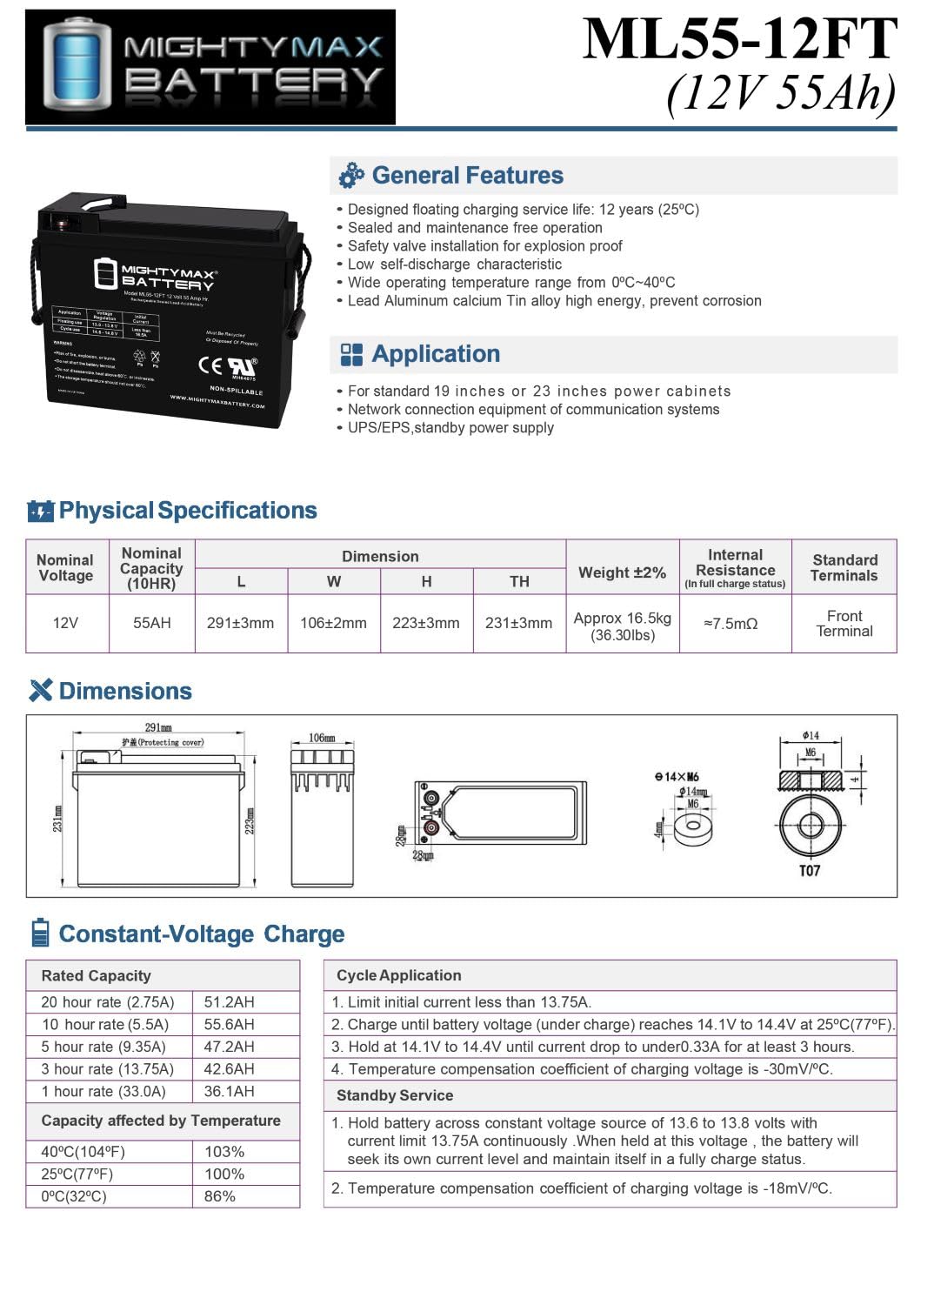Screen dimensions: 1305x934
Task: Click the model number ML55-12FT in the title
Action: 739,38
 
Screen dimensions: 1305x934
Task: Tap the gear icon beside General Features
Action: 351,176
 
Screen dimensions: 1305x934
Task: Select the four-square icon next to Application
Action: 351,354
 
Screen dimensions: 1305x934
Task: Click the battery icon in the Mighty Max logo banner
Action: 77,66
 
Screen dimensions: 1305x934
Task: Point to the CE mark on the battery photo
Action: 210,365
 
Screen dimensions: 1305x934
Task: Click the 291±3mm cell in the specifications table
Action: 240,623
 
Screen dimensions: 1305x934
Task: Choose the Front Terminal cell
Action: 844,623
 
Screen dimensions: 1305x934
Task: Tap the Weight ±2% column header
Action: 622,572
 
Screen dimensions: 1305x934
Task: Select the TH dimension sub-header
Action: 519,581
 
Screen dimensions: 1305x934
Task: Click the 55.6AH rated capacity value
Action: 230,1025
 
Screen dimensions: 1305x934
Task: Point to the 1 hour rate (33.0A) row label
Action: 103,1091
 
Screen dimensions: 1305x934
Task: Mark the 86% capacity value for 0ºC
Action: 220,1196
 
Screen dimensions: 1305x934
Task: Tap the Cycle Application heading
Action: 399,975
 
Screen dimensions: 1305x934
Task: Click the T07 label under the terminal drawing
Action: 809,871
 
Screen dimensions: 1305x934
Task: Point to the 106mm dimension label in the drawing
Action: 322,738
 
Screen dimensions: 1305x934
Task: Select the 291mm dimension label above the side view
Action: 158,727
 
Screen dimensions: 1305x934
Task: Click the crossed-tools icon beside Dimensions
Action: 41,691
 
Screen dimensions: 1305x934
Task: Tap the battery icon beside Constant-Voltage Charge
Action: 40,933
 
